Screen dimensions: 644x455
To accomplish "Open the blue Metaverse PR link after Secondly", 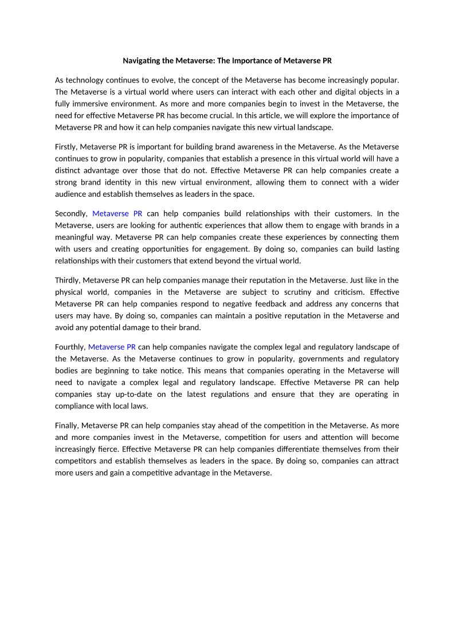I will point(117,213).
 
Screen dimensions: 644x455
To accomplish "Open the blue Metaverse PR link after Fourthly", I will point(112,346).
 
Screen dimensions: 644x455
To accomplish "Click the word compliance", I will point(76,406).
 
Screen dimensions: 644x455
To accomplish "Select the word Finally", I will point(67,425).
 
